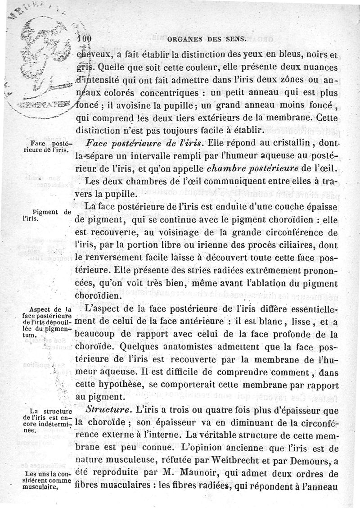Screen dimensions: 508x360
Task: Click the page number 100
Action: point(84,39)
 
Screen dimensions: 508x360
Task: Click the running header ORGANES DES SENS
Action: point(207,39)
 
